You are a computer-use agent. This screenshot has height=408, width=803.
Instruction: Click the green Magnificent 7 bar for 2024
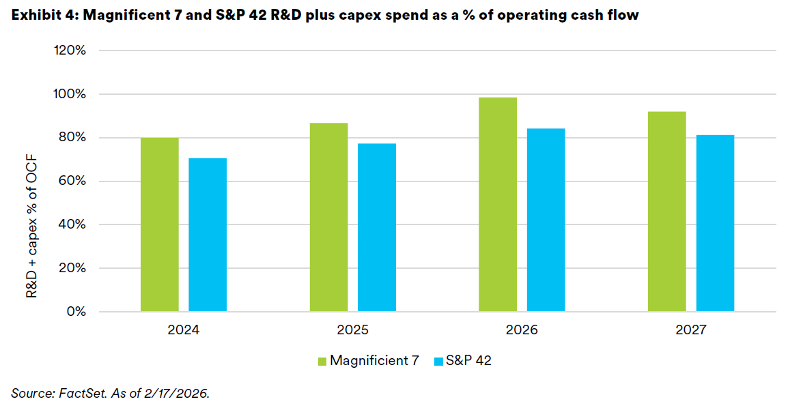click(160, 224)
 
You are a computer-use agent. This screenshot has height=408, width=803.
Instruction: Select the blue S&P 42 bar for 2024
click(208, 235)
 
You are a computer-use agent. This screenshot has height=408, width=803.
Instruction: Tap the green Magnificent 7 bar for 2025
click(328, 217)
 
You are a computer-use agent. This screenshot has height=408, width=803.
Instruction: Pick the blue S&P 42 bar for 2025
click(376, 227)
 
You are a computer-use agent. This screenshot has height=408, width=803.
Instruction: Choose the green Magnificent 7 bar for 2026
click(498, 205)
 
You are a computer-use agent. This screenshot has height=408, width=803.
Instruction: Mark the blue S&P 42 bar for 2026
click(546, 220)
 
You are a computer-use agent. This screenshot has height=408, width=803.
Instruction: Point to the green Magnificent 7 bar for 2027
click(666, 212)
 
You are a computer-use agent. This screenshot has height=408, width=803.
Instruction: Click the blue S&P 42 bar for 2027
click(715, 223)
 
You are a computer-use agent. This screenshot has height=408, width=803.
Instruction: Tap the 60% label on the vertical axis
click(72, 181)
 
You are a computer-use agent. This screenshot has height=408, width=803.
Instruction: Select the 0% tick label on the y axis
click(76, 312)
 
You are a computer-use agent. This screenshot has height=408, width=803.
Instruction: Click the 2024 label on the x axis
click(184, 331)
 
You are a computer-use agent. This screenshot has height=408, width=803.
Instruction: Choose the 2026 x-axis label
click(522, 331)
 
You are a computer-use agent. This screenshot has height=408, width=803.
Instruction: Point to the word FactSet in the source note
click(81, 392)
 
